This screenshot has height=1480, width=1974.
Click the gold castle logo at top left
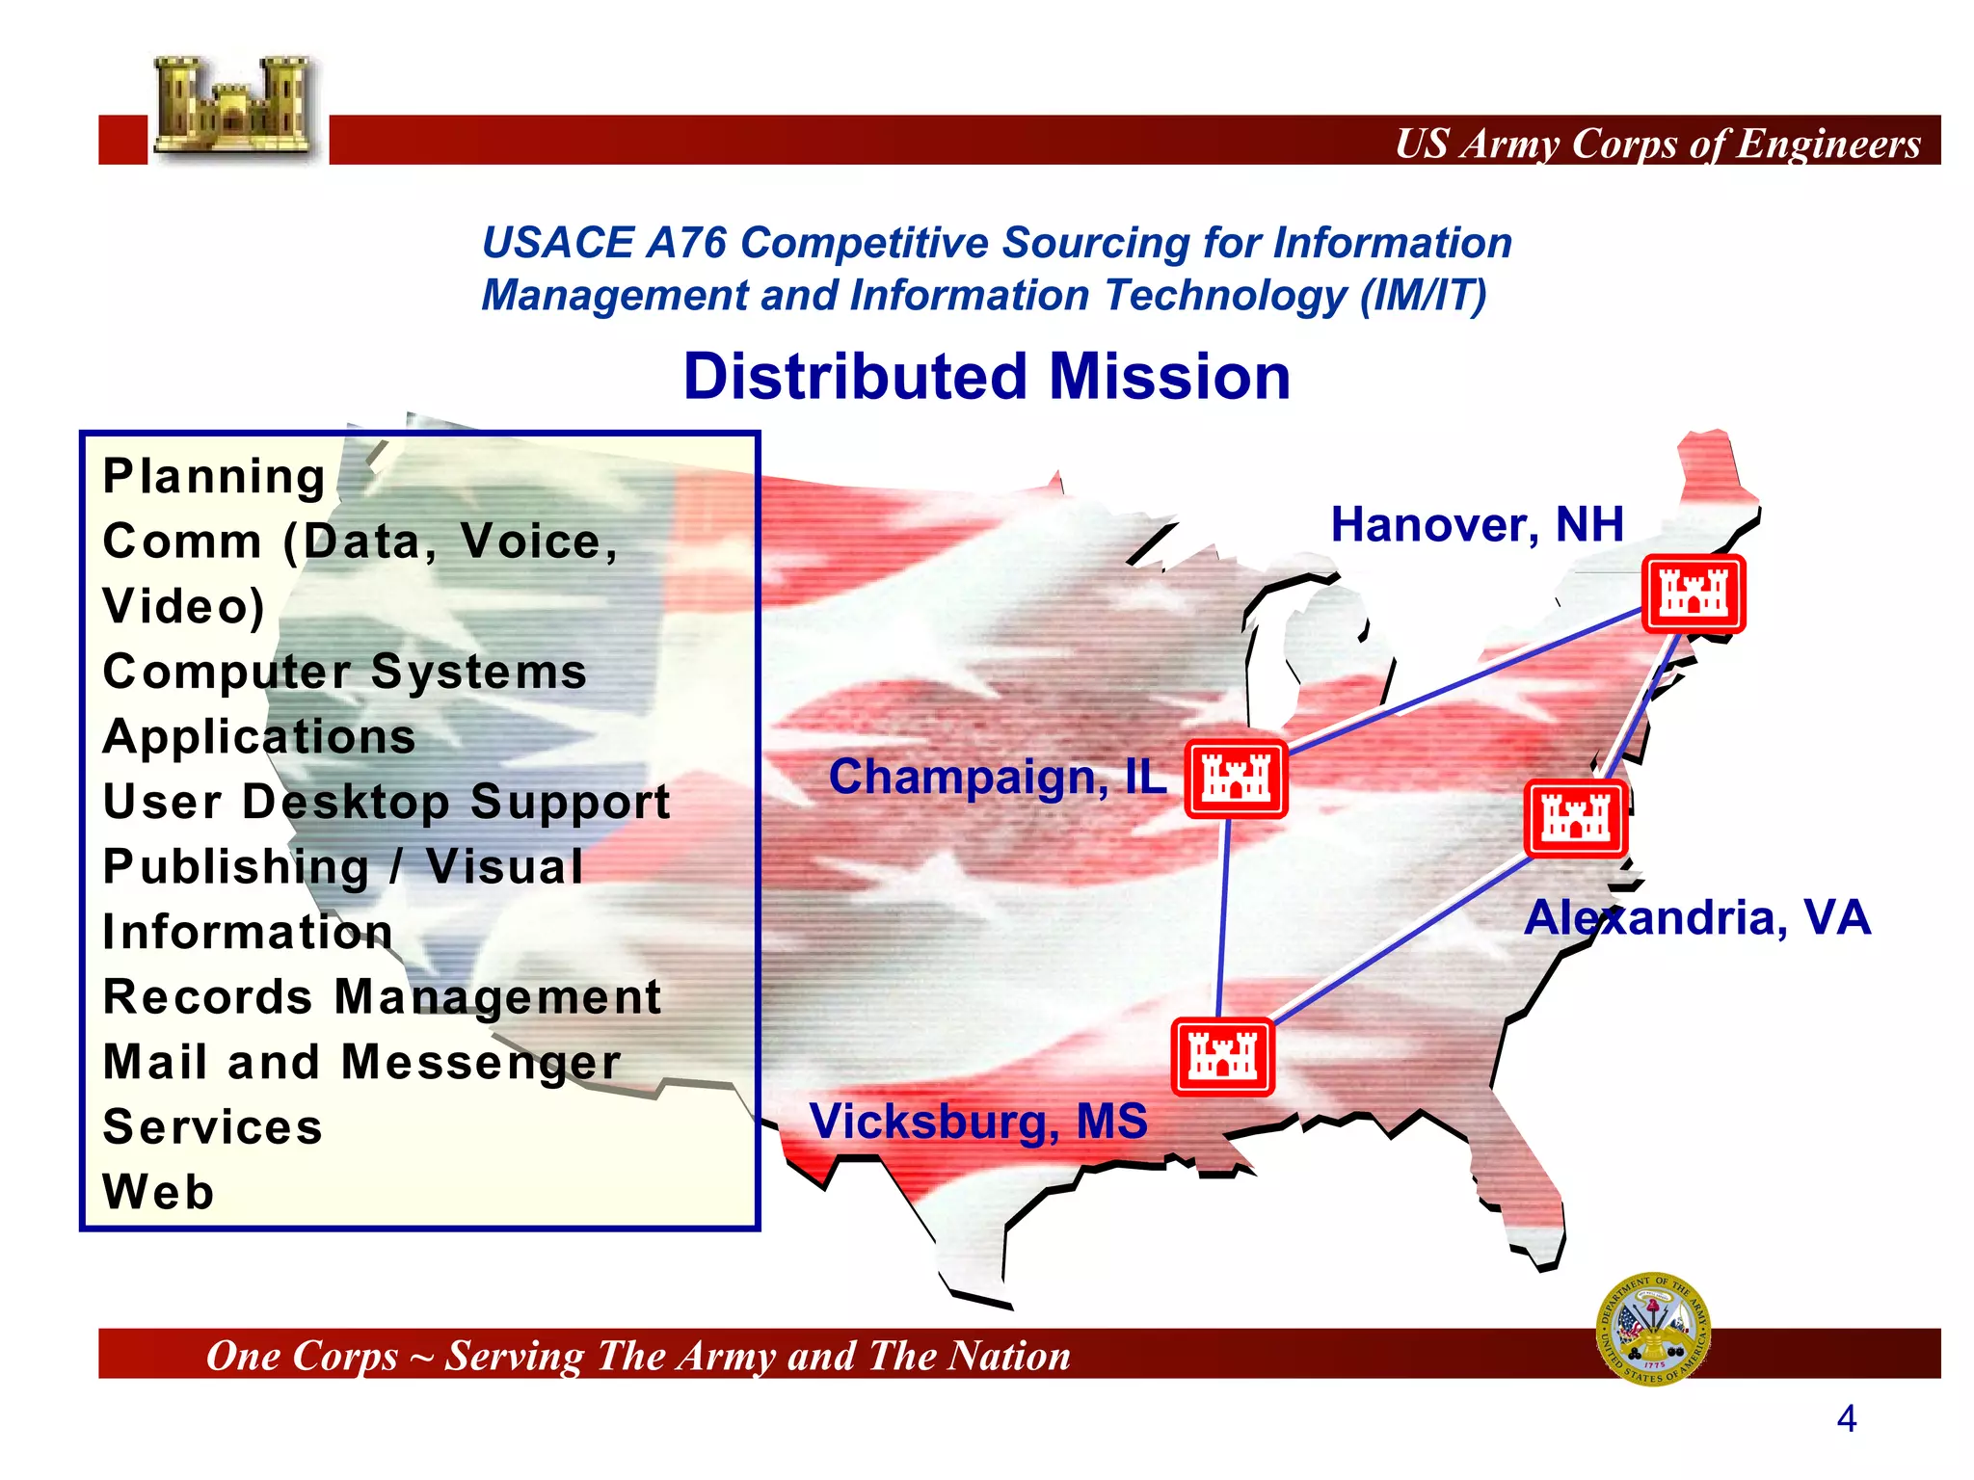point(234,108)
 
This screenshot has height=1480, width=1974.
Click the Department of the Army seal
point(1654,1329)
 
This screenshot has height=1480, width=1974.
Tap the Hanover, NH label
point(1477,525)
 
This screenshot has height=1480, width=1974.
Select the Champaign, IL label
point(997,777)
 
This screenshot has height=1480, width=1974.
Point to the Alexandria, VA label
point(1696,917)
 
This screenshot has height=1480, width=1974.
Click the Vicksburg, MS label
point(978,1121)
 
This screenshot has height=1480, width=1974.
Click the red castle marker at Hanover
point(1694,594)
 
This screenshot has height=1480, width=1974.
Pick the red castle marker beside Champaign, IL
point(1236,779)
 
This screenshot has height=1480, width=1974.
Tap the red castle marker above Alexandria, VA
point(1576,818)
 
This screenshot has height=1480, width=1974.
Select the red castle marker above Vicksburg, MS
point(1222,1057)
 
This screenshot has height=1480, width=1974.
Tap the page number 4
point(1846,1418)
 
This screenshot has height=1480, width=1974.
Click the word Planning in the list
point(214,476)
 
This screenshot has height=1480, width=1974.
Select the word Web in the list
point(159,1192)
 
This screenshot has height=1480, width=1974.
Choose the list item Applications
point(259,737)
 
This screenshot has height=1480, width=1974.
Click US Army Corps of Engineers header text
point(1657,144)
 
